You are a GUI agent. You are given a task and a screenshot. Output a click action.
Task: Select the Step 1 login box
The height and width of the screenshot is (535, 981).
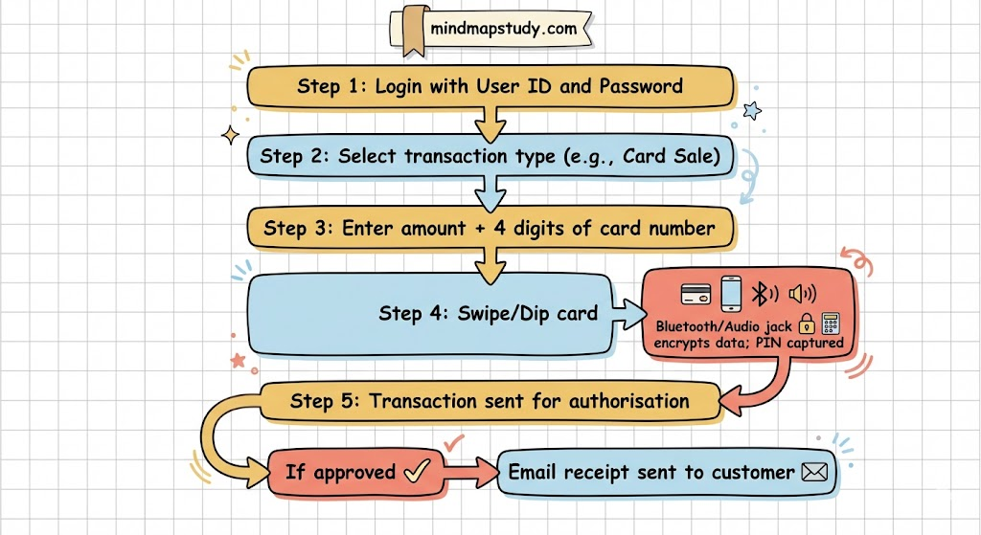click(490, 86)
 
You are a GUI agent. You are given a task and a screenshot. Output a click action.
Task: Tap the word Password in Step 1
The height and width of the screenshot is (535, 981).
click(641, 86)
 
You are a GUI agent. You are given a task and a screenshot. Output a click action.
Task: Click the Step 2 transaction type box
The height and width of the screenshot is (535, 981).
click(490, 156)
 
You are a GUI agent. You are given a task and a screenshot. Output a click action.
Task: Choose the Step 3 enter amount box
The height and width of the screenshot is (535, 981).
click(490, 228)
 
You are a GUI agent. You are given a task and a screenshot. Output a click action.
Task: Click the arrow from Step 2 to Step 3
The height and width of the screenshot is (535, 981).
click(490, 192)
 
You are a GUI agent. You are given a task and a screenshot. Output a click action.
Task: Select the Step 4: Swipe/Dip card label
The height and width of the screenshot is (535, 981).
click(488, 313)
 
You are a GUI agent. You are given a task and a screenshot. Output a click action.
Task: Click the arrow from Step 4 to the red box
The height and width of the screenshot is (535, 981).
click(627, 312)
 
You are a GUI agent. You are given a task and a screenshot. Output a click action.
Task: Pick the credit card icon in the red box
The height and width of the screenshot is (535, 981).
click(694, 294)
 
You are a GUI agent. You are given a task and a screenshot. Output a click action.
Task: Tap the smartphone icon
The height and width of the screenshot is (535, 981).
click(731, 293)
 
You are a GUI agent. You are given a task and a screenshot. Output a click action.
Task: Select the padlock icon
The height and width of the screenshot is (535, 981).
click(806, 324)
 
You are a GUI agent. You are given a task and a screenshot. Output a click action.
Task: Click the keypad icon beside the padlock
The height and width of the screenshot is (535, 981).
click(830, 323)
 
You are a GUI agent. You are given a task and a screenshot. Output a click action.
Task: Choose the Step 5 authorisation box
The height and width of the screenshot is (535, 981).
click(490, 401)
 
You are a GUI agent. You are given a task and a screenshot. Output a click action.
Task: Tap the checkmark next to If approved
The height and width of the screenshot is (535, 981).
click(415, 471)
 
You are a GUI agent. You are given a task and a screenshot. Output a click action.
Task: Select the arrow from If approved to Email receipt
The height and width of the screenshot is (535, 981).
click(468, 471)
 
